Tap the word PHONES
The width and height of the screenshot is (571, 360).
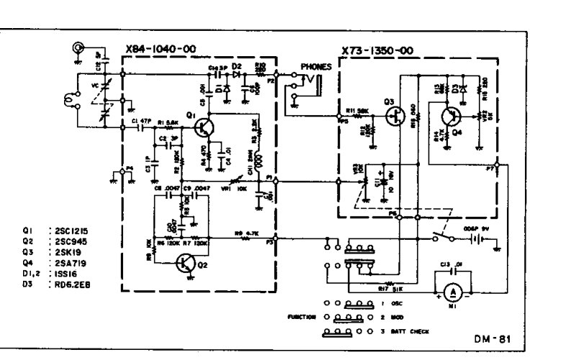[x=316, y=67]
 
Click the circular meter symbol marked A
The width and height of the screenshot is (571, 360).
[x=453, y=293]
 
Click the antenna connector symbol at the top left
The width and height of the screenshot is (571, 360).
[x=76, y=49]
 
